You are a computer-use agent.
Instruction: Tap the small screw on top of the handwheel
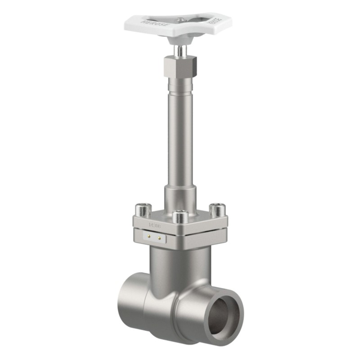(x=180, y=19)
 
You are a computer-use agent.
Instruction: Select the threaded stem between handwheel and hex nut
(x=180, y=50)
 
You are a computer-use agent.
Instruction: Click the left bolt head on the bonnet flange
(x=143, y=209)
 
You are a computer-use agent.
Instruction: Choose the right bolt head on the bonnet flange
(x=218, y=209)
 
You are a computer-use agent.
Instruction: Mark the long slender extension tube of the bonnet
(x=180, y=135)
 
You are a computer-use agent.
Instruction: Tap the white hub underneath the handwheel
(x=180, y=39)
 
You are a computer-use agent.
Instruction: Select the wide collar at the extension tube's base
(x=180, y=198)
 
